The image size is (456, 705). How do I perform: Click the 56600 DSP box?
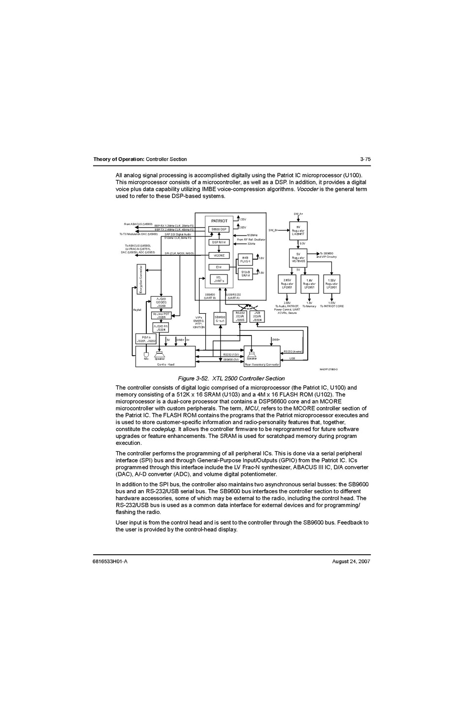coord(219,229)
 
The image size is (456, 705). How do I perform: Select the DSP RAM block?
coord(219,242)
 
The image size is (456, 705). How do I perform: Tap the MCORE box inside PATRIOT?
coord(219,256)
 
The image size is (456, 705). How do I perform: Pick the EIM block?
coord(219,267)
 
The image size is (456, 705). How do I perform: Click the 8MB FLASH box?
coord(245,260)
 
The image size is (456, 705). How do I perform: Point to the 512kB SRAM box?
coord(245,273)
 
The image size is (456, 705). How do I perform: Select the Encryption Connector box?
coord(141,279)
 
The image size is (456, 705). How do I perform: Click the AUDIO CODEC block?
coord(161,302)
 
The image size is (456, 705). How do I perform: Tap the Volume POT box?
coord(161,315)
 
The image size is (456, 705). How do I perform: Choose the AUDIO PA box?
coord(161,328)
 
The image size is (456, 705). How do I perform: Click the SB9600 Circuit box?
coord(220,319)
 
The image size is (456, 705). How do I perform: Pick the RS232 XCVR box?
coord(240,316)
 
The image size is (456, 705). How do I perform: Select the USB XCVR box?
coord(257,316)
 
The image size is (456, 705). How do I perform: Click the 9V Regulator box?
coord(298,231)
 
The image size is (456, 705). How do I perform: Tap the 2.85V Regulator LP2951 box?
coord(287,284)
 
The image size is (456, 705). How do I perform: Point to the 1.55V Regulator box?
coord(332,284)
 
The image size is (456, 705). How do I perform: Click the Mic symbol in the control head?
coord(146,355)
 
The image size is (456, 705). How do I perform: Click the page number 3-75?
coord(365,159)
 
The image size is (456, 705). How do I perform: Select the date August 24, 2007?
coord(351,562)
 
